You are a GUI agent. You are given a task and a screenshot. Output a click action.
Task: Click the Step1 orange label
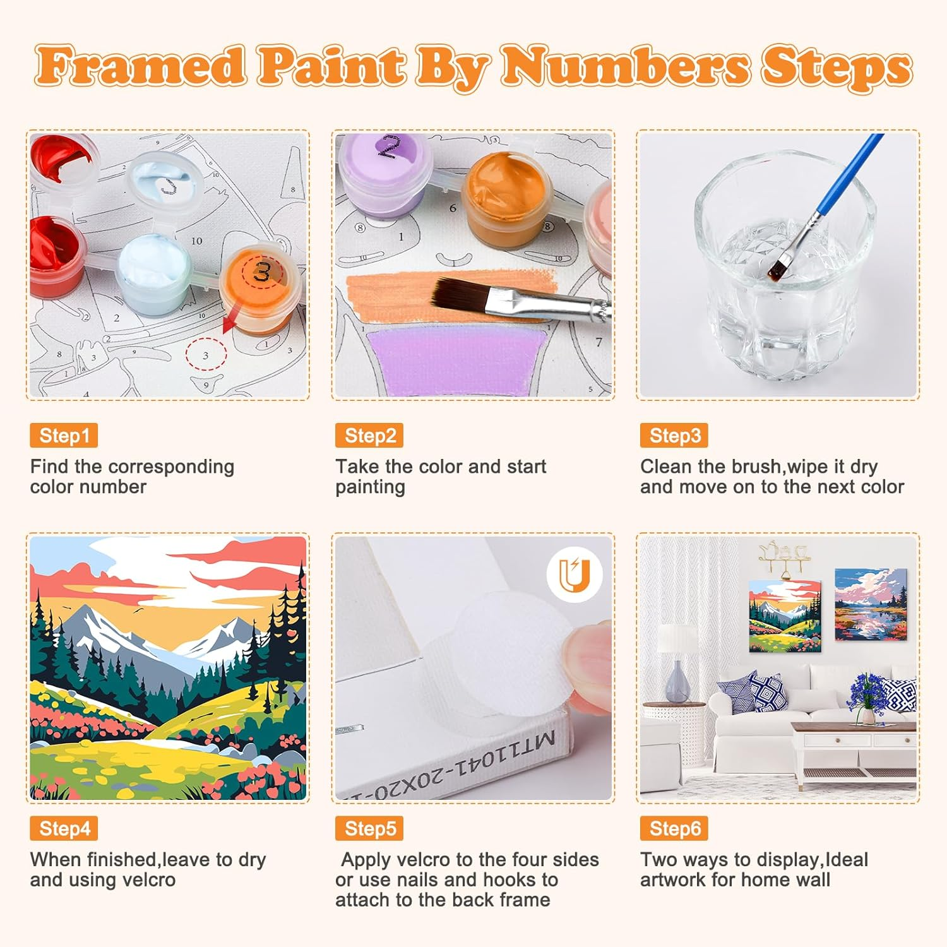[x=64, y=436]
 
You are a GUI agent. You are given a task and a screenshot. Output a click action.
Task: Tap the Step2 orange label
[x=369, y=436]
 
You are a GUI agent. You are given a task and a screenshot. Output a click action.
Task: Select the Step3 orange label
[x=674, y=436]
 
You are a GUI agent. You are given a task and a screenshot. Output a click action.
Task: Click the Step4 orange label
[x=64, y=828]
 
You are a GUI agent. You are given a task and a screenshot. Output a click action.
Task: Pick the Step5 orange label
[x=369, y=828]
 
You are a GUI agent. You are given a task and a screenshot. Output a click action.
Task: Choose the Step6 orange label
[x=674, y=828]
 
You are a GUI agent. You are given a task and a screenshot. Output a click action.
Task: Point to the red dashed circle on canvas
[x=206, y=355]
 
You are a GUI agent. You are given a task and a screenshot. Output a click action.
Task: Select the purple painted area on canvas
[x=455, y=360]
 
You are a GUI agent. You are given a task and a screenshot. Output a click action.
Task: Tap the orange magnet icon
[x=575, y=575]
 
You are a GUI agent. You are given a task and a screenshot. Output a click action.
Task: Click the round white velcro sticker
[x=505, y=657]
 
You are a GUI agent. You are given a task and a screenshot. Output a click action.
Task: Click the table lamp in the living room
[x=677, y=663]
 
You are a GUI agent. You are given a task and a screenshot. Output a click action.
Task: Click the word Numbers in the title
[x=625, y=66]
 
